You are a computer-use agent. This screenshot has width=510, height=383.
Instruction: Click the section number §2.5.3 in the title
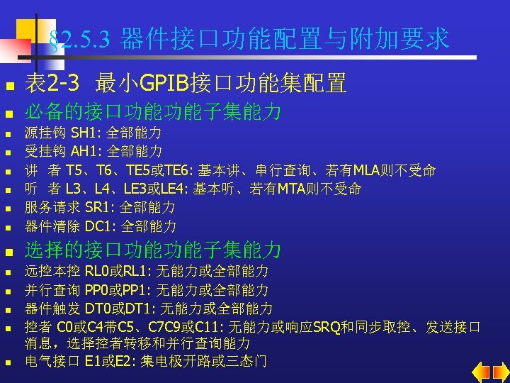79,40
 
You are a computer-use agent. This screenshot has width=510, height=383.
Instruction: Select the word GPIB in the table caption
164,84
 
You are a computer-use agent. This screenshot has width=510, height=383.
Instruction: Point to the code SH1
84,133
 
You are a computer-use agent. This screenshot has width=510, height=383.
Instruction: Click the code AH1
84,151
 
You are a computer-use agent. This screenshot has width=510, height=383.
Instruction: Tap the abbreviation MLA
369,170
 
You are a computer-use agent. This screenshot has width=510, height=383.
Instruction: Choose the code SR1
98,208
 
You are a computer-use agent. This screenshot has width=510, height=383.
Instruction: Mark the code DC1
98,226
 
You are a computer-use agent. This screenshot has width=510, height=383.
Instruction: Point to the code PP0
97,289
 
